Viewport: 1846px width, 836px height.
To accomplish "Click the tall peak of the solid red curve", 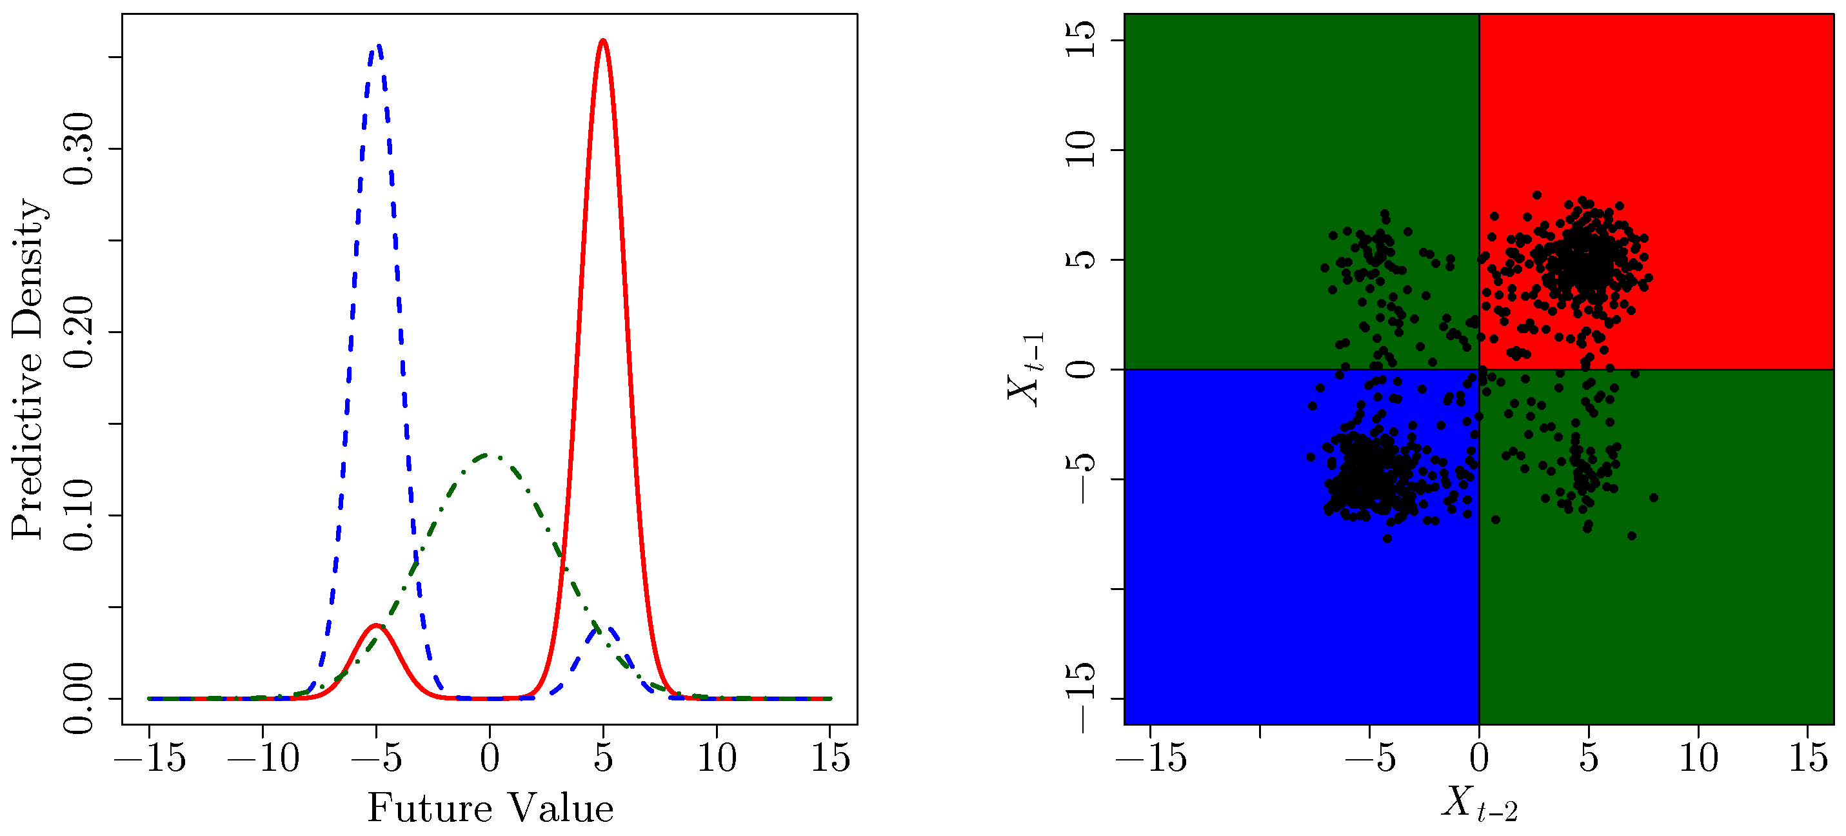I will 602,41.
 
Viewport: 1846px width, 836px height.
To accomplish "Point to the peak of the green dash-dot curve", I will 490,454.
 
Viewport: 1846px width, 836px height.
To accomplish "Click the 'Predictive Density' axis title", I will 28,369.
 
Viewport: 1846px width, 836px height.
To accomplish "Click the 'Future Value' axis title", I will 490,809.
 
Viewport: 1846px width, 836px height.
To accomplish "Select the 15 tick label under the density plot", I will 830,759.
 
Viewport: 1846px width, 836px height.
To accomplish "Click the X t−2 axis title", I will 1479,804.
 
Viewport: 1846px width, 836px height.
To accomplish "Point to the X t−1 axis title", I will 1026,369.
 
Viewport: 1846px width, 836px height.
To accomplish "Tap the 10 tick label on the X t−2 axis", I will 1698,759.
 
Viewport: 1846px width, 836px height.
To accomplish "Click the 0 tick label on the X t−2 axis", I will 1479,759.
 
